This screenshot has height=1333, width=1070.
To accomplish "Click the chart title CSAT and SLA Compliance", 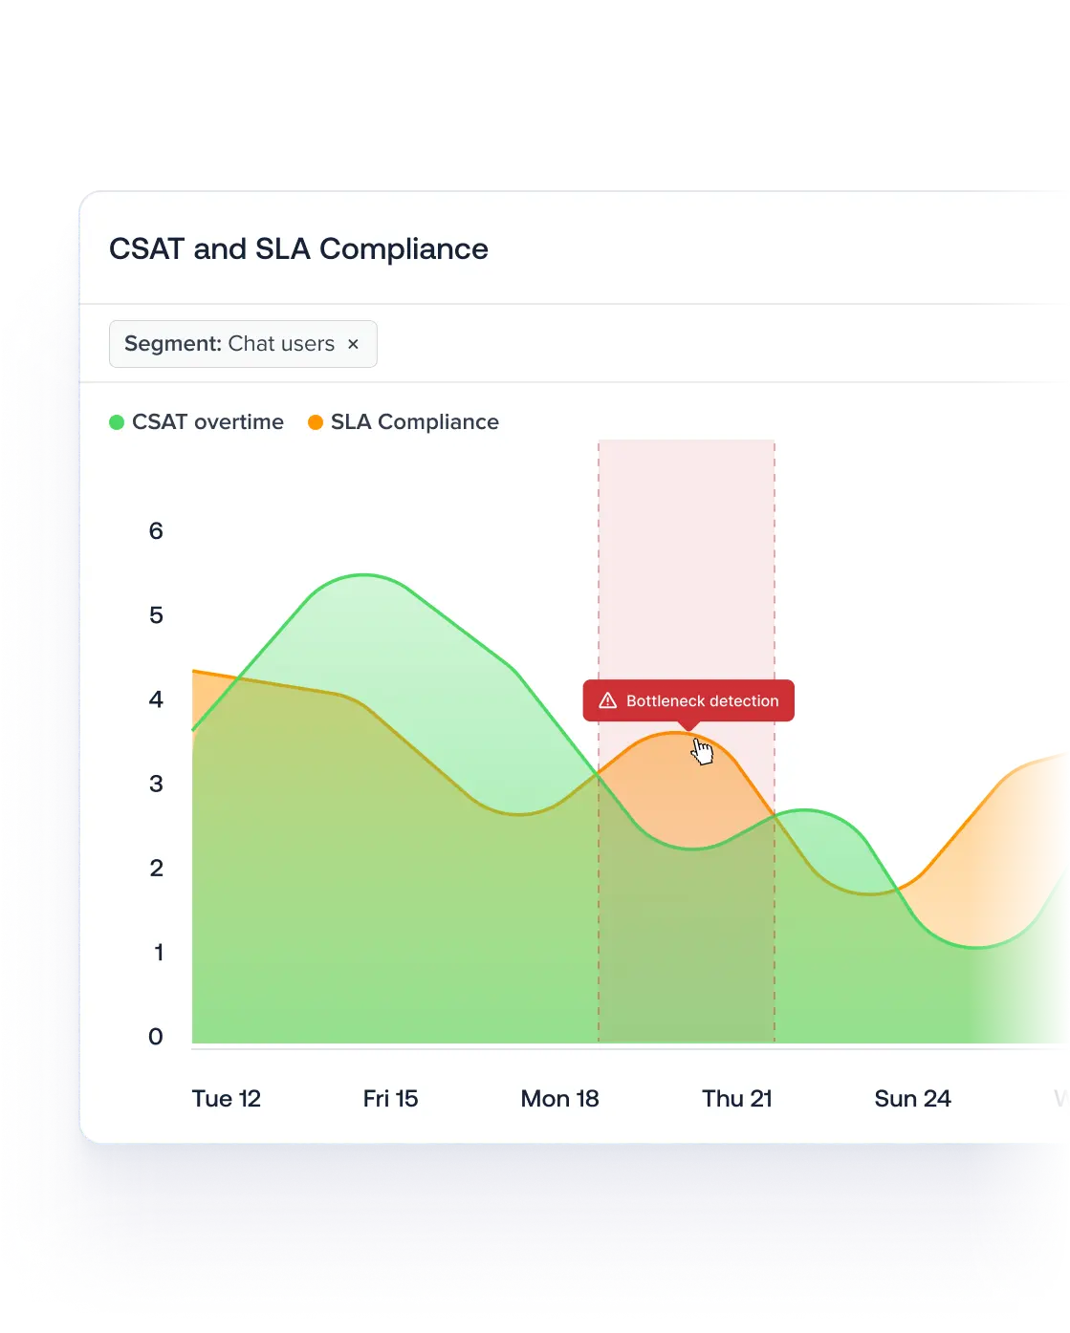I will [x=298, y=249].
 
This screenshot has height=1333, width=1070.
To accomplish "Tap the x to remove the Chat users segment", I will [x=353, y=344].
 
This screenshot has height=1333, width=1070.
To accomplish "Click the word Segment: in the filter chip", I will [x=172, y=344].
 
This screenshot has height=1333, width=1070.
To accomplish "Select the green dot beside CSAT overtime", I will [x=117, y=422].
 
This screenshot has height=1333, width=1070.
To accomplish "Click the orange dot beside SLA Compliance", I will [x=316, y=422].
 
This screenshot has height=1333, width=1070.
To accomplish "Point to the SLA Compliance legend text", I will [x=414, y=422].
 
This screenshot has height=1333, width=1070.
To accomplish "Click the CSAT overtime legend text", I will [x=207, y=422].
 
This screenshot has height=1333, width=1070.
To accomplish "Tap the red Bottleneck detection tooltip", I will [x=688, y=700].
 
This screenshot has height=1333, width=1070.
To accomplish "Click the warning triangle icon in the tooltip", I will [x=607, y=701].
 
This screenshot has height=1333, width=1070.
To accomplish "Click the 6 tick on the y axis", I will [x=156, y=531].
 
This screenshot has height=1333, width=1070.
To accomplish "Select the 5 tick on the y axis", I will [x=156, y=615].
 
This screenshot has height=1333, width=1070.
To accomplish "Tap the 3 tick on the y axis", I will [x=156, y=785].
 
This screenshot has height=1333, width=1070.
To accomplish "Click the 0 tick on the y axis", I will [x=156, y=1037].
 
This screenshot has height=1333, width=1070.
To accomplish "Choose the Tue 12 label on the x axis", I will [x=226, y=1099].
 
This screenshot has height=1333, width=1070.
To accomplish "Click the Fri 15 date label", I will [x=390, y=1099].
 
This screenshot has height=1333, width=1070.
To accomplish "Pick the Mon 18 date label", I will [x=559, y=1099].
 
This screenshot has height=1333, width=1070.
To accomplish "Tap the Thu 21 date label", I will [x=736, y=1099].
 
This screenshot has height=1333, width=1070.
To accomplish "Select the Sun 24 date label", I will [x=912, y=1099].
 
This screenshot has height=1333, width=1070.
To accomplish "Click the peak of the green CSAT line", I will [x=364, y=575].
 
